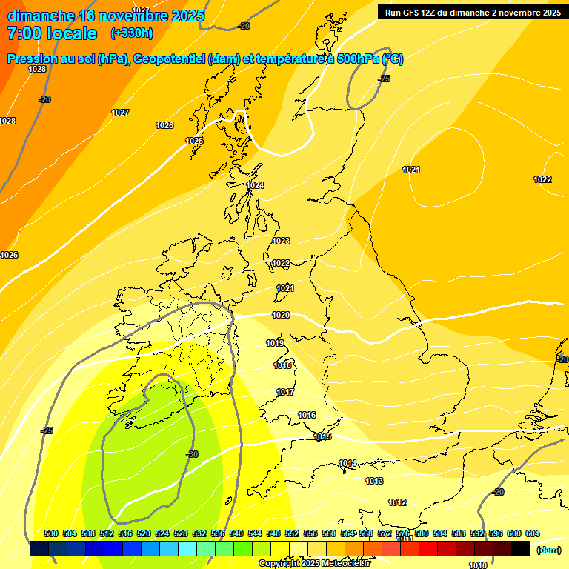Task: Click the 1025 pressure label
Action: pyautogui.click(x=194, y=141)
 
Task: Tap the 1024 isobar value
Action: pyautogui.click(x=255, y=185)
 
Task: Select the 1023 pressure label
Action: pyautogui.click(x=281, y=241)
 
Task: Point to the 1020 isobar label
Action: pyautogui.click(x=281, y=315)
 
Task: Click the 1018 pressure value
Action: pyautogui.click(x=282, y=365)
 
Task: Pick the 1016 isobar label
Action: pyautogui.click(x=307, y=415)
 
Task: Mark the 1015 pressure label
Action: pyautogui.click(x=322, y=436)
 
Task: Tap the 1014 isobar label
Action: pyautogui.click(x=347, y=463)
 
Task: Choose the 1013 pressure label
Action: pyautogui.click(x=374, y=481)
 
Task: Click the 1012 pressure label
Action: pyautogui.click(x=397, y=502)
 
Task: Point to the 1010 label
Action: pyautogui.click(x=478, y=565)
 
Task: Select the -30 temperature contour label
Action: pyautogui.click(x=192, y=454)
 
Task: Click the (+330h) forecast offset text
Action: pyautogui.click(x=132, y=33)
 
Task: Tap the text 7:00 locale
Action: pyautogui.click(x=52, y=33)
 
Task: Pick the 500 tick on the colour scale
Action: pyautogui.click(x=51, y=533)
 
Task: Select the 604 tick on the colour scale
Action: pyautogui.click(x=533, y=533)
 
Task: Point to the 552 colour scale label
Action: pyautogui.click(x=292, y=533)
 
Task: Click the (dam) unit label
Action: pyautogui.click(x=548, y=549)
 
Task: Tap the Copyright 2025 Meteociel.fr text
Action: pyautogui.click(x=315, y=563)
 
